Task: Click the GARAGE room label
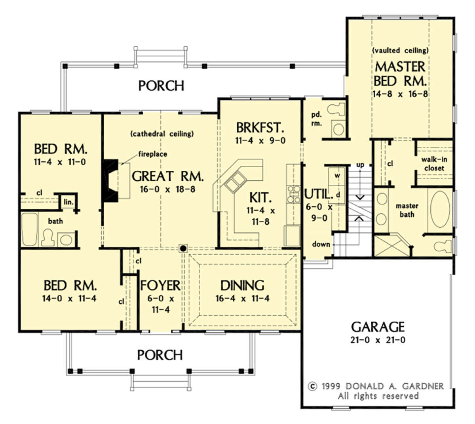coord(378,327)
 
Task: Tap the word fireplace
coord(153,154)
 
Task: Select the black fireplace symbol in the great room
coord(110,181)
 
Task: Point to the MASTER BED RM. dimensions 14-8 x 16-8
coord(400,94)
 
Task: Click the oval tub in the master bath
coord(440,209)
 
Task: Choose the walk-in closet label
coord(434,164)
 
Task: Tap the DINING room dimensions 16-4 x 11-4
coord(242,298)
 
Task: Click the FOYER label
coord(160,285)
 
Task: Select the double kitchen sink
coord(236,182)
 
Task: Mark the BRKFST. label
coord(260,128)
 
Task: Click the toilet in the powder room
coord(336,109)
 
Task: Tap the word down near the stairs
coord(321,244)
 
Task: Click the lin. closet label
coord(68,202)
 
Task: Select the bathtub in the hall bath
coord(30,229)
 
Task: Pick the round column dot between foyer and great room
coord(183,248)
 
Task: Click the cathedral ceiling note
coord(162,134)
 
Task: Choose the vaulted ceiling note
coord(400,50)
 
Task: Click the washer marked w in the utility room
coord(337,176)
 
